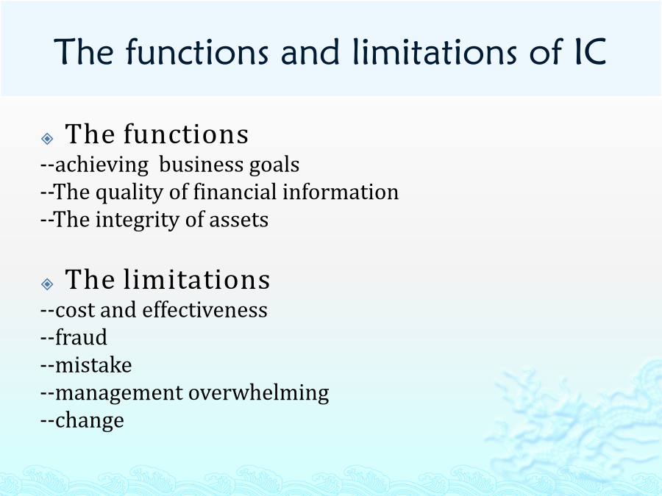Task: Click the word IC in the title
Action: pyautogui.click(x=590, y=51)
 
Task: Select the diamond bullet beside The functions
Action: pyautogui.click(x=47, y=138)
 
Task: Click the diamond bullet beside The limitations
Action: pyautogui.click(x=47, y=284)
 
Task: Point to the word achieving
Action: pyautogui.click(x=102, y=165)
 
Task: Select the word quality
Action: pyautogui.click(x=129, y=193)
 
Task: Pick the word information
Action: pyautogui.click(x=341, y=192)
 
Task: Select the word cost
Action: pyautogui.click(x=75, y=310)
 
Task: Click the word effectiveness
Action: pyautogui.click(x=204, y=309)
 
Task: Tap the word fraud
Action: pyautogui.click(x=81, y=337)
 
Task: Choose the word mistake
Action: pyautogui.click(x=93, y=364)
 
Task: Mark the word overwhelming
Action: pyautogui.click(x=259, y=392)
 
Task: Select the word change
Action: pyautogui.click(x=90, y=420)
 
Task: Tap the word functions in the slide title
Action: pyautogui.click(x=196, y=51)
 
